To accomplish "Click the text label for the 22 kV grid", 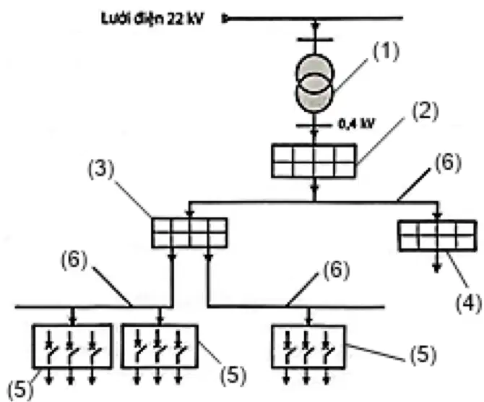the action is tap(152, 19).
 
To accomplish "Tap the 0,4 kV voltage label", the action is tap(356, 124).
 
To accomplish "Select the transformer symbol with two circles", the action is tap(314, 82).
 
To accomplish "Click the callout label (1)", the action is tap(386, 51).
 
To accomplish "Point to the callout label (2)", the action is tap(425, 111).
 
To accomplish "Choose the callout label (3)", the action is tap(101, 169).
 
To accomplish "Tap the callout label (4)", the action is tap(469, 303).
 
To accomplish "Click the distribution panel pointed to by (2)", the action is tap(314, 161).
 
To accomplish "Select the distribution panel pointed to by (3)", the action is tap(189, 233).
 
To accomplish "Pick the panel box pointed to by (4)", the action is tap(438, 236).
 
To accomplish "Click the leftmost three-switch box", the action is tap(72, 346).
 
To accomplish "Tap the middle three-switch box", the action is tap(159, 346).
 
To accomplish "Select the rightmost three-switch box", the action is tap(308, 347).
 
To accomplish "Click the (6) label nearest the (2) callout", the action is tap(448, 163).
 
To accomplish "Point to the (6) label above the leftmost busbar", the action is tap(74, 260).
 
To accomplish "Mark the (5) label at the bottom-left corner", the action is tap(20, 389).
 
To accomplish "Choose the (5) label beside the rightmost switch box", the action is tap(423, 354).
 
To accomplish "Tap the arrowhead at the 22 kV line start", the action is tap(225, 19).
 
